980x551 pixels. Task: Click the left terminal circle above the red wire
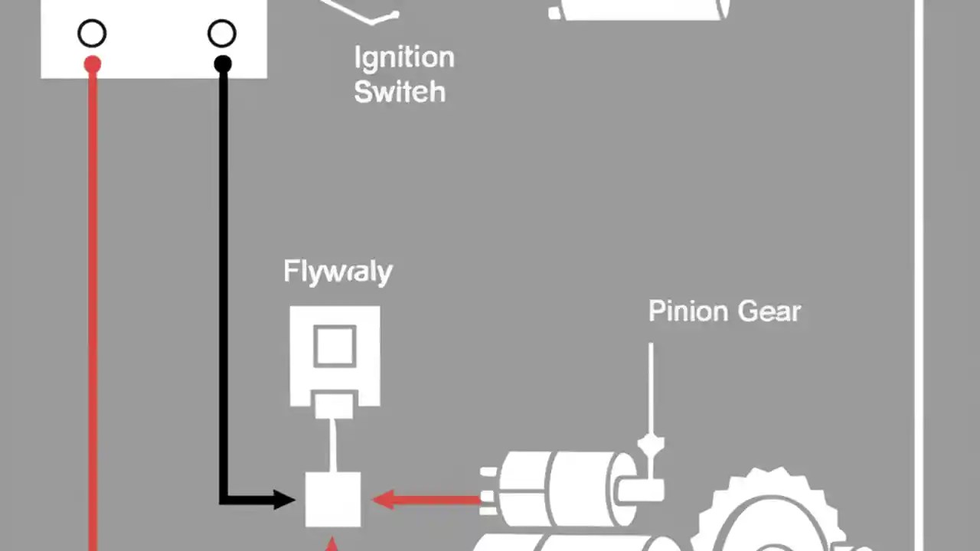[x=92, y=34]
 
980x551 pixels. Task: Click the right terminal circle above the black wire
[x=222, y=34]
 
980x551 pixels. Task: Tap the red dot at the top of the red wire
[x=93, y=65]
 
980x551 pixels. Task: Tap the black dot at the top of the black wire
[x=223, y=65]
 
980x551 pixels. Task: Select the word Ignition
[x=404, y=58]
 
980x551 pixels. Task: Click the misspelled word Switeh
[x=400, y=92]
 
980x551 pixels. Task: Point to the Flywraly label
[x=338, y=272]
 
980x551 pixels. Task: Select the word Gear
[x=769, y=311]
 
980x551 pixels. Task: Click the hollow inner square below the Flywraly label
[x=335, y=345]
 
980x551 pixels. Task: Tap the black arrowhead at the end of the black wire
[x=283, y=500]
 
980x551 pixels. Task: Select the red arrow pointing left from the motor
[x=425, y=500]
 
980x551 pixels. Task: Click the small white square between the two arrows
[x=333, y=499]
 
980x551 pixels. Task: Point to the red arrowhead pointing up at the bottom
[x=332, y=544]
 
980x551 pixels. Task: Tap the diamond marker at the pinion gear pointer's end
[x=651, y=443]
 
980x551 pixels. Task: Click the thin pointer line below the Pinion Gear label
[x=651, y=386]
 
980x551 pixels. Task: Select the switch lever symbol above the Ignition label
[x=360, y=12]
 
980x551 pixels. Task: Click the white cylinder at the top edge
[x=639, y=9]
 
